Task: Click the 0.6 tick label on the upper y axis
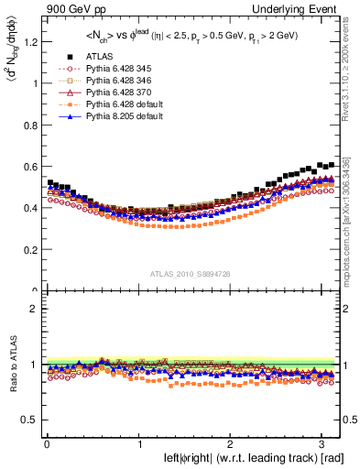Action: point(29,166)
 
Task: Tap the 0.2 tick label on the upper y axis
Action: point(29,249)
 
